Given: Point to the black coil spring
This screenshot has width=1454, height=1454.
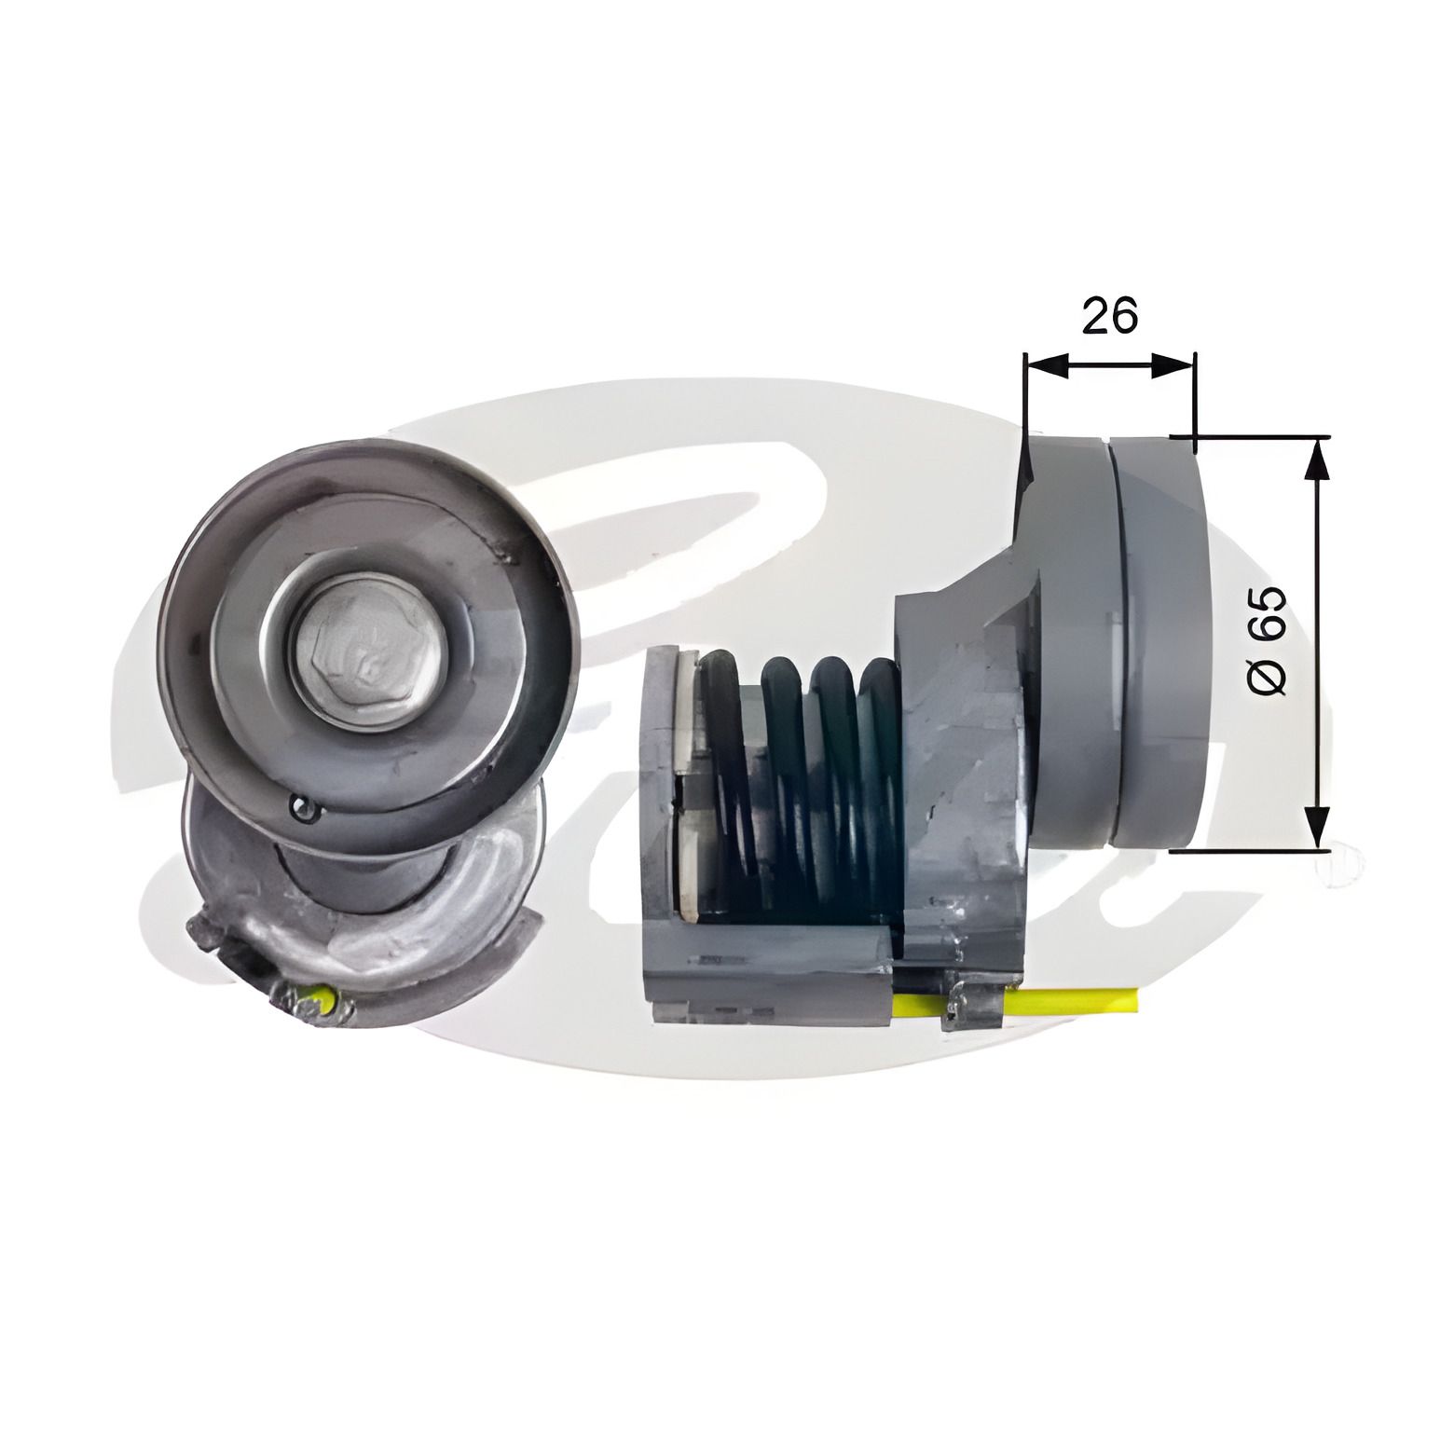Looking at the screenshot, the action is click(x=797, y=783).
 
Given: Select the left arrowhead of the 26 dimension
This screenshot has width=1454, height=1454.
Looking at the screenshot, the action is click(x=1045, y=365).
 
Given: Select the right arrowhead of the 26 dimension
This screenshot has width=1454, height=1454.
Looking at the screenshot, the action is click(x=1173, y=365).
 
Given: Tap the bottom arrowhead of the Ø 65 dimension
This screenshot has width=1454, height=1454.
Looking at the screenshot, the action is click(x=1316, y=826).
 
